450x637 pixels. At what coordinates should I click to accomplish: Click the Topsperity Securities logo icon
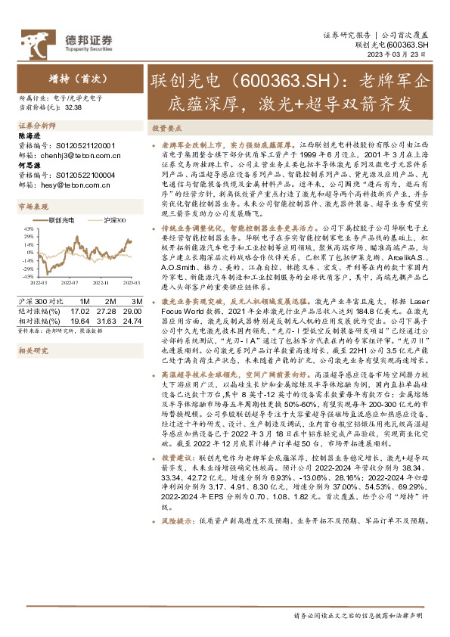click(36, 39)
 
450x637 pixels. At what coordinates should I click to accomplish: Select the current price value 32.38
click(73, 107)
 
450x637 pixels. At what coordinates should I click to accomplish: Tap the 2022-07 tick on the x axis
click(70, 284)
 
